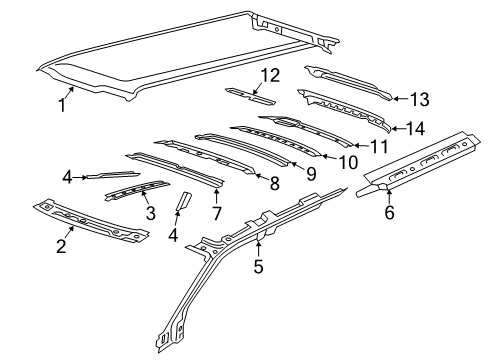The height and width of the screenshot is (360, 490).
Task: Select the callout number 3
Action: coord(149,212)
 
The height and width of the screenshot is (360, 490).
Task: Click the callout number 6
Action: coord(388,213)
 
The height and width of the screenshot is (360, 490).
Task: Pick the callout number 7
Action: coord(216,213)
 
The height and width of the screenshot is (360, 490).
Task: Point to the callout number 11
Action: coord(378,145)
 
